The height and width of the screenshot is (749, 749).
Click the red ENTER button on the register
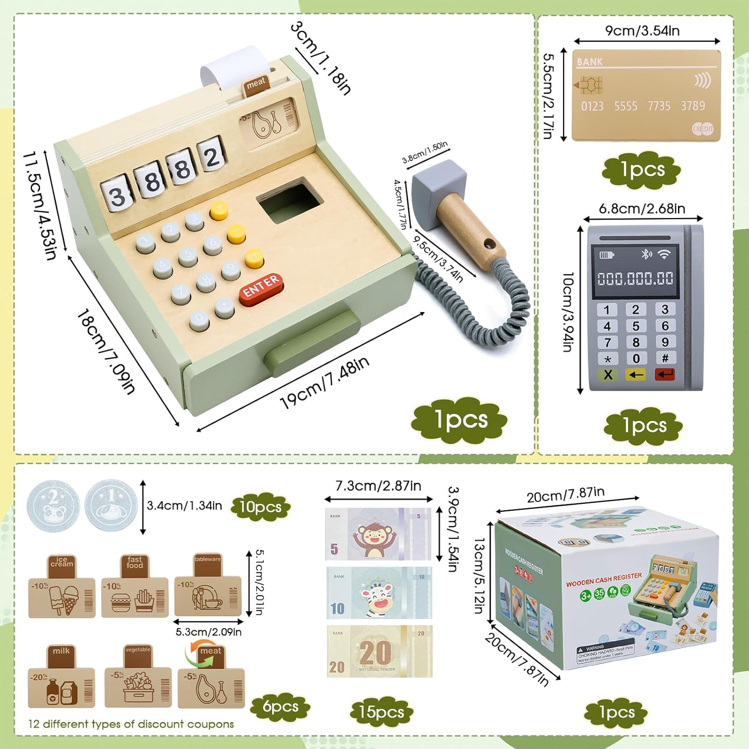click(261, 288)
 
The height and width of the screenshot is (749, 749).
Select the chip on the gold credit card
click(591, 85)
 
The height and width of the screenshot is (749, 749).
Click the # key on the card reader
click(665, 358)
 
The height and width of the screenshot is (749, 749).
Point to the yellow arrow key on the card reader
click(636, 374)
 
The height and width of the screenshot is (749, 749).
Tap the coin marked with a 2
click(53, 506)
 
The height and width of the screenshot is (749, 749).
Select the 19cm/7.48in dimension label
click(325, 382)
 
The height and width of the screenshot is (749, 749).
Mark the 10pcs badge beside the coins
click(260, 507)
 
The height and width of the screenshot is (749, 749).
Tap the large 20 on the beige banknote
click(375, 652)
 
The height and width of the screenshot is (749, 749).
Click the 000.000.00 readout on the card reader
click(635, 279)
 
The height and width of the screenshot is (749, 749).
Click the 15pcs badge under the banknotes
click(381, 712)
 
